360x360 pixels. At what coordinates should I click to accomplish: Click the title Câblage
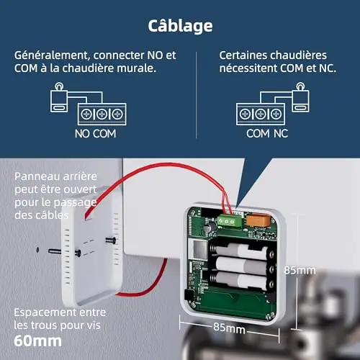pos(180,26)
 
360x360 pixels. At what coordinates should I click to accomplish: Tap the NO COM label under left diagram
pos(95,134)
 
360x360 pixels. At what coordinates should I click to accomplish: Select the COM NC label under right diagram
pos(267,134)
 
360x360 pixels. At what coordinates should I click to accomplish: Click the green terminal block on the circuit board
pos(229,220)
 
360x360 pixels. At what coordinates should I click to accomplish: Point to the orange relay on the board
pos(258,220)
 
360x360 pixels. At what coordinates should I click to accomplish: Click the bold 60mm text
pos(37,341)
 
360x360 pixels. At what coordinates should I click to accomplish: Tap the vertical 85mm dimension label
pos(300,270)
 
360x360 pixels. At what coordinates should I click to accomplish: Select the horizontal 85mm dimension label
pos(229,328)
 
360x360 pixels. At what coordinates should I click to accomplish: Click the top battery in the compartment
pos(242,251)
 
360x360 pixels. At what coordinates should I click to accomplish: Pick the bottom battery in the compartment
pos(241,280)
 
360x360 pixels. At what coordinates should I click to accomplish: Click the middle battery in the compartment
pos(243,266)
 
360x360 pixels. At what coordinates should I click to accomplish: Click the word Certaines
pos(243,55)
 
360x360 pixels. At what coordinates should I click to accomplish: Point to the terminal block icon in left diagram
pos(102,114)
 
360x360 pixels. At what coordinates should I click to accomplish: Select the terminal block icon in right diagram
pos(261,114)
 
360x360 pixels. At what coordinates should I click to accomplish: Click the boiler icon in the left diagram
pos(59,98)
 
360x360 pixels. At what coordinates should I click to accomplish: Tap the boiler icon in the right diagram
pos(301,98)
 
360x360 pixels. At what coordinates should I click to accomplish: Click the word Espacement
pos(45,312)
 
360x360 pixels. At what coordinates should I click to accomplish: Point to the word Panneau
pos(37,176)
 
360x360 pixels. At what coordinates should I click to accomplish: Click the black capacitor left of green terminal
pos(211,226)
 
